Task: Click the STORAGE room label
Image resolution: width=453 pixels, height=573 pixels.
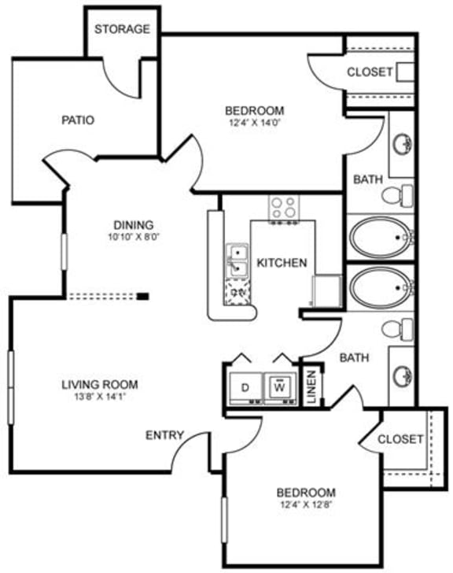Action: (122, 29)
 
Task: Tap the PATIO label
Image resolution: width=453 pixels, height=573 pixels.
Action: (78, 120)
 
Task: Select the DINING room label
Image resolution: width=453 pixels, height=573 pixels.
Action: (132, 224)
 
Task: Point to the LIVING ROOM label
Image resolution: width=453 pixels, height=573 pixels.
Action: (100, 385)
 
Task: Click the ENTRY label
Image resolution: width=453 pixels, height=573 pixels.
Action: (165, 435)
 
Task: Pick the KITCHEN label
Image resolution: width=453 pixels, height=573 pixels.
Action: (282, 262)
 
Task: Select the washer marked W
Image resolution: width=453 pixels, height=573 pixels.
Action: (279, 387)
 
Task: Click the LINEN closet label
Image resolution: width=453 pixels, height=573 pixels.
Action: (311, 386)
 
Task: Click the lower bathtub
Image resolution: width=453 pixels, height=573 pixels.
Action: (380, 288)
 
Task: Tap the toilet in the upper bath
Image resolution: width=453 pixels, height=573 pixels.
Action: (403, 194)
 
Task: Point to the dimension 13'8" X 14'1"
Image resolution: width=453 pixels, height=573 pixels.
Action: (100, 397)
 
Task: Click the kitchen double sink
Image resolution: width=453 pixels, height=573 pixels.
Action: (238, 261)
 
